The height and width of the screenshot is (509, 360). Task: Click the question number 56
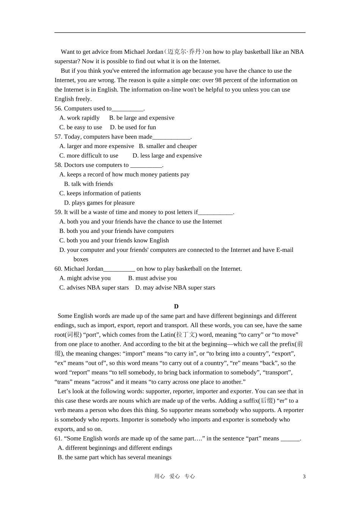click(58, 108)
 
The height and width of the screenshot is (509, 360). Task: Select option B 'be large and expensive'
click(141, 118)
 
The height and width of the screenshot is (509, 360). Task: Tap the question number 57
click(58, 137)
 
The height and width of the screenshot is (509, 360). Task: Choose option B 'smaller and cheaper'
click(167, 146)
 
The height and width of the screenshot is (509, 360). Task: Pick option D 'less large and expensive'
click(167, 156)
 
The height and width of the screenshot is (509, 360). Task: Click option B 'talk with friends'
click(88, 184)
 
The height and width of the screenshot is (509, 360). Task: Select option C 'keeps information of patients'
click(100, 194)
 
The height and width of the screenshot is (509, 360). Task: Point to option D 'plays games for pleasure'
click(99, 203)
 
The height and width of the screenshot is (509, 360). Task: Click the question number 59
click(58, 212)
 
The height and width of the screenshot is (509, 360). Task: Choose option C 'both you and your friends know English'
click(114, 240)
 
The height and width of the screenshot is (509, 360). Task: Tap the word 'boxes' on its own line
click(81, 259)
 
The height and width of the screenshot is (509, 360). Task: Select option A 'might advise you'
click(85, 278)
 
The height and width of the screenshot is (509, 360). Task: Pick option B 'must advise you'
click(152, 278)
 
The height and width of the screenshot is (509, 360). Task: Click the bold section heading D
click(176, 306)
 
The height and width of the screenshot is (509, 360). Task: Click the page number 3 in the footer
click(304, 476)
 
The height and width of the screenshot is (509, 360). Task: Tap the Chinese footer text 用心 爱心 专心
click(174, 476)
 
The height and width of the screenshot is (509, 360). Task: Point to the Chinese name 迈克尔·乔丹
click(184, 52)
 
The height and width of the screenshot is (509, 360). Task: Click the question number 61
click(58, 439)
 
